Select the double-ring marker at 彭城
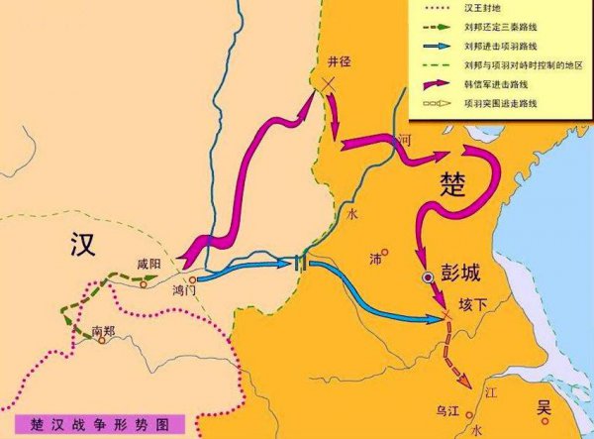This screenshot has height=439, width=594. click(428, 278)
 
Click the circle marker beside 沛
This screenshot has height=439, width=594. click(388, 250)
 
